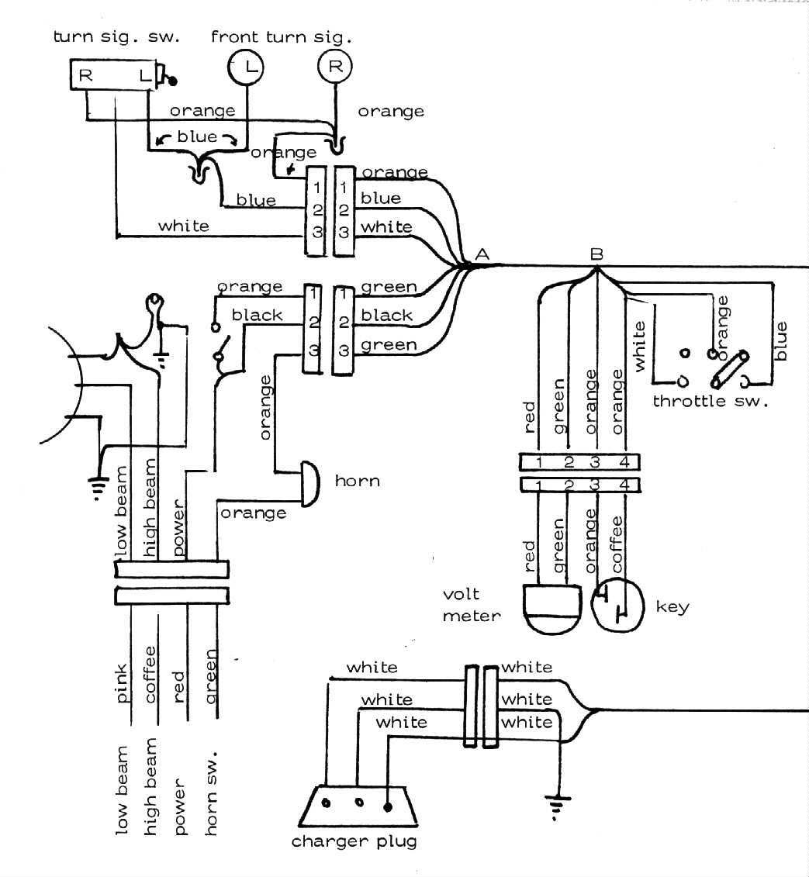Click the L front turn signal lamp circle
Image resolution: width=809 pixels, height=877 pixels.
(245, 67)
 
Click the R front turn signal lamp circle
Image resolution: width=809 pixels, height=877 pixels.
(334, 66)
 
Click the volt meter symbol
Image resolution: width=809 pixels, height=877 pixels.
(551, 609)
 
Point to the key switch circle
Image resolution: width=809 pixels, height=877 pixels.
(617, 606)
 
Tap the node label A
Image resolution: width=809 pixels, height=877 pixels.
(482, 254)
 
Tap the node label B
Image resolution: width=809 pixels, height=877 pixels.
(596, 254)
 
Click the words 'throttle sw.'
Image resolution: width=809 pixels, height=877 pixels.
(710, 401)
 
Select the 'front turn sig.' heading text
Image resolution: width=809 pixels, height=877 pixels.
(281, 37)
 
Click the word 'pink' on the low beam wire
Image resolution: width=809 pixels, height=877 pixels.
(122, 683)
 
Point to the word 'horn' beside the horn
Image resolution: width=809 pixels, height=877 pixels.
(357, 481)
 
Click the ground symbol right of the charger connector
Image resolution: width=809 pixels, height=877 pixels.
(557, 806)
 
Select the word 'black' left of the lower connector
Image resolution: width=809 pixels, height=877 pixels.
(257, 315)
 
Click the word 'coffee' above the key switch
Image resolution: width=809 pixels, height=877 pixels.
(616, 545)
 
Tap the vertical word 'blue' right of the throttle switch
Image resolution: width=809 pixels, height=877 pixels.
(780, 340)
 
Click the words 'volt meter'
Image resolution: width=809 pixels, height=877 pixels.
(471, 605)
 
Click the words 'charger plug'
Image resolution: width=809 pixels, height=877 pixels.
(354, 842)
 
